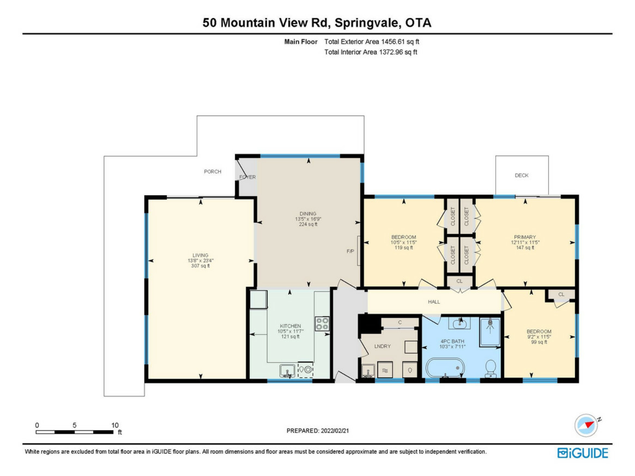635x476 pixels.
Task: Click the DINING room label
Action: pos(308,214)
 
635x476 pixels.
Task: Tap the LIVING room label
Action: pos(200,255)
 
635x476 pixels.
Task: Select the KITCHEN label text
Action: pos(290,326)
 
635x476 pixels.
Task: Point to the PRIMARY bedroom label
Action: pos(525,237)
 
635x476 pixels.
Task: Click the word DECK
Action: pos(522,176)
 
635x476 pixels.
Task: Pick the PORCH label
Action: pos(213,172)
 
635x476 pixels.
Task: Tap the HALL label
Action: pos(434,302)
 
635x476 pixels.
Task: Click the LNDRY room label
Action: pos(383,346)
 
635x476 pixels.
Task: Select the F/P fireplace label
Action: pos(350,251)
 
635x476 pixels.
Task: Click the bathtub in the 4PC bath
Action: pos(445,368)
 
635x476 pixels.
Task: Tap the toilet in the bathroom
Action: pos(490,369)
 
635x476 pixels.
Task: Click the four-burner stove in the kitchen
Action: pos(322,324)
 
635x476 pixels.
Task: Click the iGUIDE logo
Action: pos(583,453)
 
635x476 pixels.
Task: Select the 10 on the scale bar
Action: pos(115,425)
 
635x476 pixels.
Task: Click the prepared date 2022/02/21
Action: pos(335,431)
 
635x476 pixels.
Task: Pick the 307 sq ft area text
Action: pos(200,266)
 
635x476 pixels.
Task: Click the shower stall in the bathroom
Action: pos(490,332)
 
